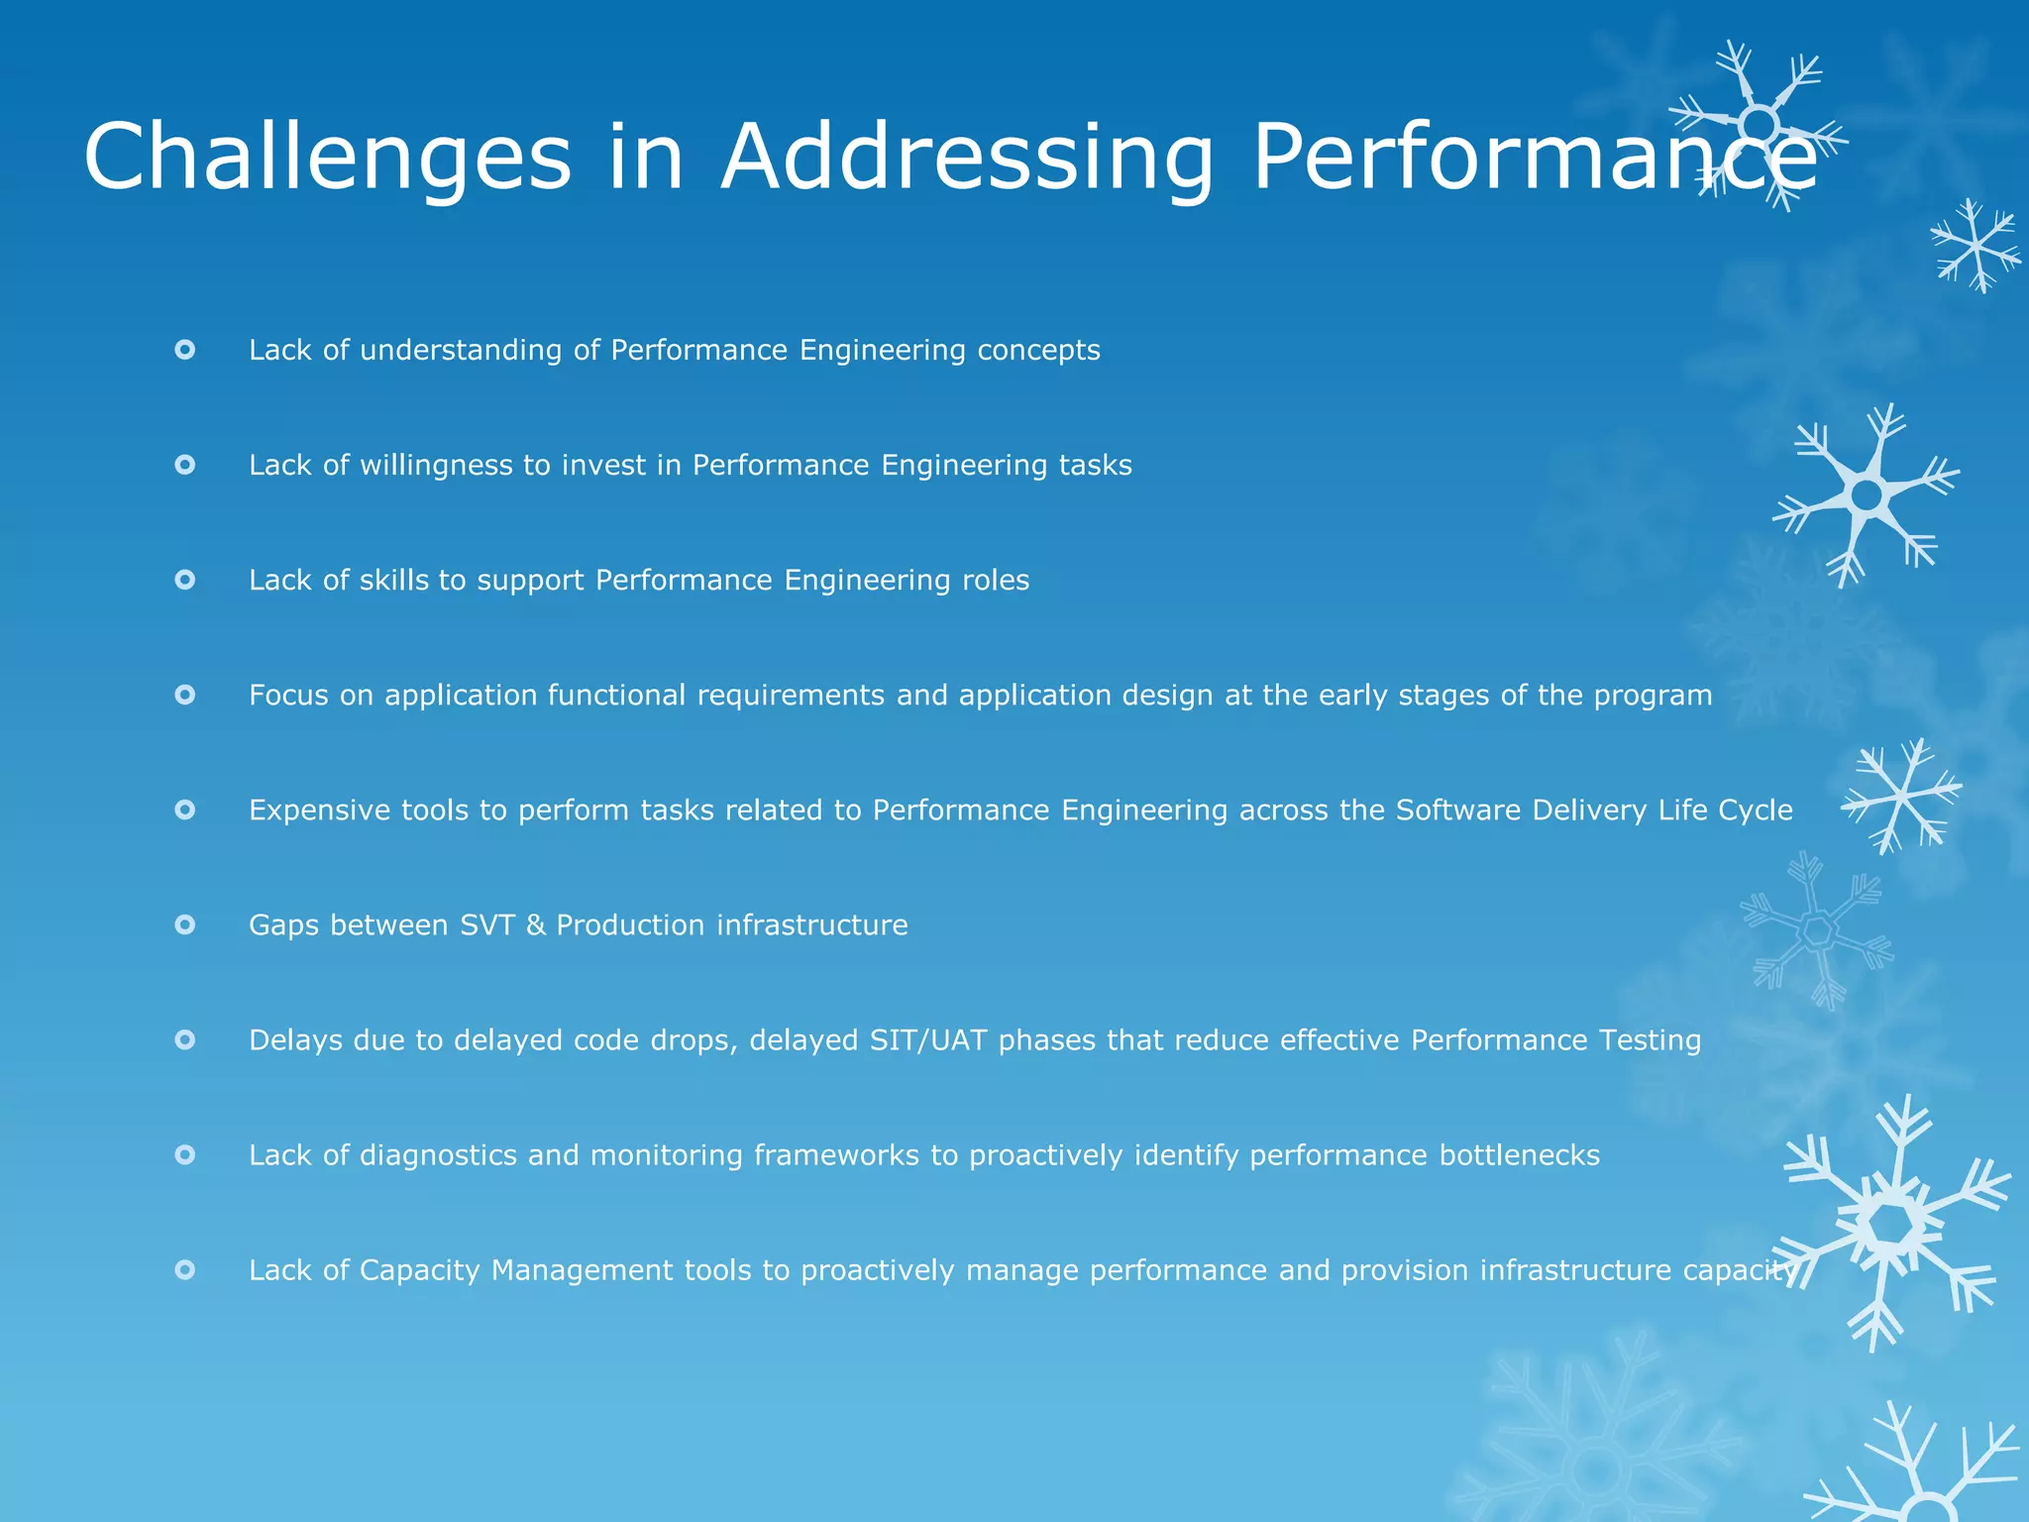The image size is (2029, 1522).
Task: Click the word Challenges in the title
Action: pos(327,157)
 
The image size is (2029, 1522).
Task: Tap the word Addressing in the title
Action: pos(967,157)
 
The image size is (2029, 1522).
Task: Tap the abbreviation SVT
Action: pos(487,924)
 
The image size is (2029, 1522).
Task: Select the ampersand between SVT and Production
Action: pos(535,924)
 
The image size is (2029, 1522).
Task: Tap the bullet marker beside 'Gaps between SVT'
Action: pos(185,924)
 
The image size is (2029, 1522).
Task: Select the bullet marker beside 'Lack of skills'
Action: pos(185,580)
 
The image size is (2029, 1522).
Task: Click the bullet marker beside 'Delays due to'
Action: pos(185,1039)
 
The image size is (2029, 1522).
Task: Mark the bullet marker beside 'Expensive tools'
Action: pos(185,810)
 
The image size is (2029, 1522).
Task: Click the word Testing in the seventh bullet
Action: pos(1650,1039)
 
